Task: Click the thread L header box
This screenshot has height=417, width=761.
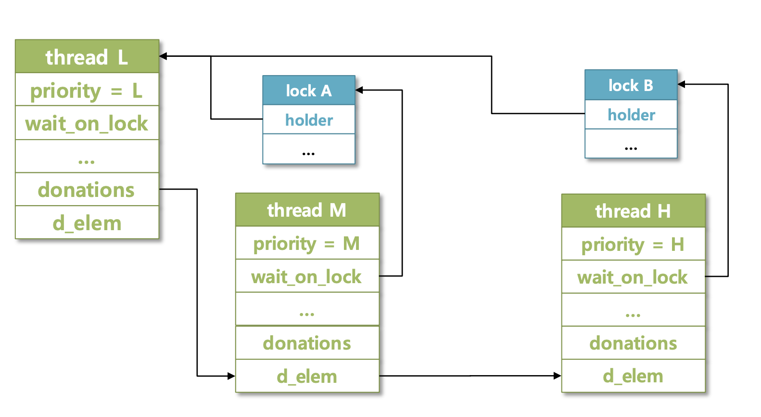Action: click(87, 57)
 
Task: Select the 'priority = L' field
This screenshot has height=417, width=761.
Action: click(87, 90)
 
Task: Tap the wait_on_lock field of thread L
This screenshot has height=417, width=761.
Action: click(87, 123)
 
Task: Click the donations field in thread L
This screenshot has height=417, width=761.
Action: click(87, 190)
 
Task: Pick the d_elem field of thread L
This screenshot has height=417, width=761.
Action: click(87, 223)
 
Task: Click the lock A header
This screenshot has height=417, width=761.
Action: click(308, 90)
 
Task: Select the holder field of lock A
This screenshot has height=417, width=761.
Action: click(308, 119)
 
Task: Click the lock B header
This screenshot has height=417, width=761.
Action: click(631, 85)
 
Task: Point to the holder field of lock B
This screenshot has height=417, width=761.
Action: click(631, 115)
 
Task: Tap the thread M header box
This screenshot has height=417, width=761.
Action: click(307, 210)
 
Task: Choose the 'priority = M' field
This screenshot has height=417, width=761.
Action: click(307, 243)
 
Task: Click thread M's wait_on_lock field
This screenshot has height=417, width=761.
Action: click(307, 276)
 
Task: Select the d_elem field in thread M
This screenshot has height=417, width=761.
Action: click(307, 376)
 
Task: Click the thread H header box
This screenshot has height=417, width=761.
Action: click(633, 211)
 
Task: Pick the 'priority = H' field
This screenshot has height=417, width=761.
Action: click(633, 245)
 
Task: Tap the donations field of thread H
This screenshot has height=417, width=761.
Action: click(633, 343)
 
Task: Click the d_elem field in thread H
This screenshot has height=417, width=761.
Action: click(633, 376)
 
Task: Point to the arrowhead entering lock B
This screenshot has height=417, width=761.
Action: click(682, 84)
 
